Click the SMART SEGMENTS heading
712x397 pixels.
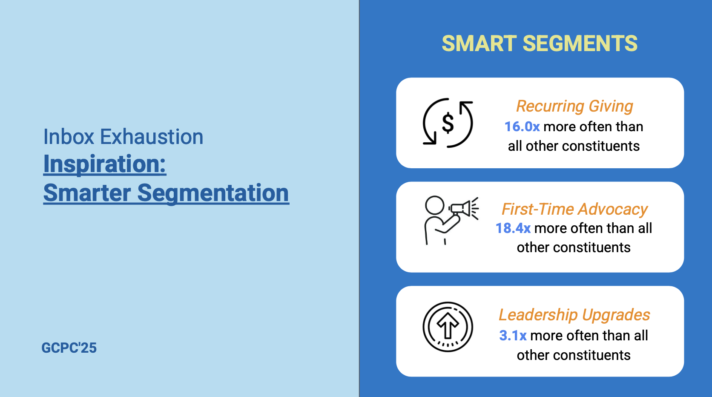(540, 43)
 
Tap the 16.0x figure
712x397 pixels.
(522, 127)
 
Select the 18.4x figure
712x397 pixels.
(513, 228)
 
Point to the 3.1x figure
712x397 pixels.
(513, 336)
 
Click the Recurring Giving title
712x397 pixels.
(574, 106)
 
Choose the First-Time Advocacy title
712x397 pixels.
(574, 209)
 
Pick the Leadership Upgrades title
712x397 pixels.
(574, 315)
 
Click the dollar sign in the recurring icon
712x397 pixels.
(448, 123)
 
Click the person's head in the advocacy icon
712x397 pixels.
(435, 205)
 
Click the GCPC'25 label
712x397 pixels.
(69, 348)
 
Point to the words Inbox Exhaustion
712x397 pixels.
(123, 137)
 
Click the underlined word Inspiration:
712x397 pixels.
(105, 164)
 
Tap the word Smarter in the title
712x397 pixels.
(87, 193)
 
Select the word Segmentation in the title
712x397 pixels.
(213, 193)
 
